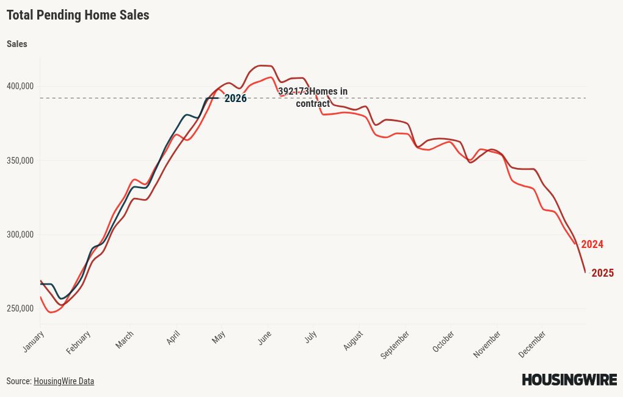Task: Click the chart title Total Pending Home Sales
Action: click(x=78, y=15)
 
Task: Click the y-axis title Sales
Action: click(x=17, y=44)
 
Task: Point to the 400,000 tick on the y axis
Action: click(x=20, y=86)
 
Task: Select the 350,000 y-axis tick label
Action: click(x=20, y=161)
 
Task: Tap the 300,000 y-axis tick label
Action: click(x=20, y=235)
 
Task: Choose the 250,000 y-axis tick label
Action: click(x=20, y=308)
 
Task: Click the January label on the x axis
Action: click(x=34, y=341)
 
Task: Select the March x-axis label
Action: click(x=125, y=340)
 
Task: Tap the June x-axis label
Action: click(x=264, y=338)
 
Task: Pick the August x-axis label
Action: click(x=353, y=340)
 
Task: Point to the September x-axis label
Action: click(x=395, y=344)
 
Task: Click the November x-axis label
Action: click(x=487, y=344)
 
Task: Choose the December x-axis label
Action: click(x=532, y=344)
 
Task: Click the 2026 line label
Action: click(x=235, y=98)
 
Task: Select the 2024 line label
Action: click(x=592, y=244)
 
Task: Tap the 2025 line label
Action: click(x=602, y=273)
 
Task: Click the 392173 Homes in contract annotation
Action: click(x=313, y=97)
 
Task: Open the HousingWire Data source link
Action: click(x=64, y=381)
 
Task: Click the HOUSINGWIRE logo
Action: click(x=569, y=380)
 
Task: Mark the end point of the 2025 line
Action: click(x=585, y=272)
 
